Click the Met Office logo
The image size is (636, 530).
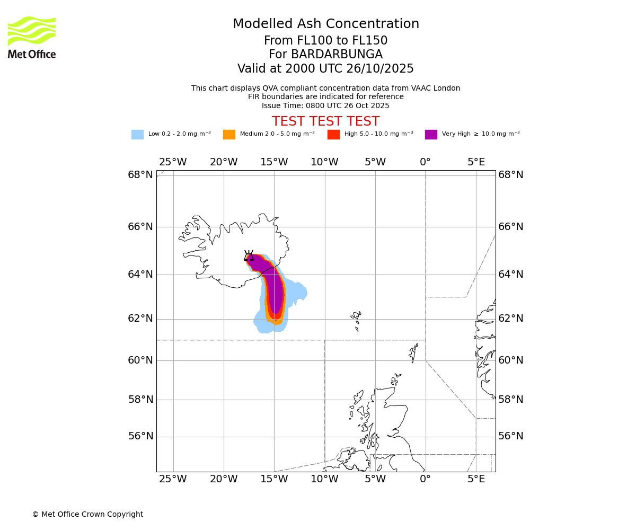[32, 37]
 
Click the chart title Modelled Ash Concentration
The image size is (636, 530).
[325, 24]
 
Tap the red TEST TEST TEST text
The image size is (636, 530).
[325, 121]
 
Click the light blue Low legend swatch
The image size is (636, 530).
[137, 134]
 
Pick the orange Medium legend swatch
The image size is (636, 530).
[229, 134]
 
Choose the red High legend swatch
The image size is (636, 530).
[333, 134]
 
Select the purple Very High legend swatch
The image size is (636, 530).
[431, 134]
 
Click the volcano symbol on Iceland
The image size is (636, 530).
[249, 255]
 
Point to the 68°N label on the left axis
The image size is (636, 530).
[140, 175]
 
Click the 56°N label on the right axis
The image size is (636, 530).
[511, 436]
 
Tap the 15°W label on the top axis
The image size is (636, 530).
[274, 162]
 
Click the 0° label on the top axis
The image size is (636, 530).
[425, 162]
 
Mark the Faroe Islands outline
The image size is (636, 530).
[356, 320]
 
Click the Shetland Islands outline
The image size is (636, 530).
[413, 352]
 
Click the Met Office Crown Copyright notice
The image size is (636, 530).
[87, 514]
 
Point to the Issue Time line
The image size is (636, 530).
[325, 105]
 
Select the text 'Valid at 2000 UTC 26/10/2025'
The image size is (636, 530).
[325, 69]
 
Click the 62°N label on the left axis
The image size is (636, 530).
[140, 319]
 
